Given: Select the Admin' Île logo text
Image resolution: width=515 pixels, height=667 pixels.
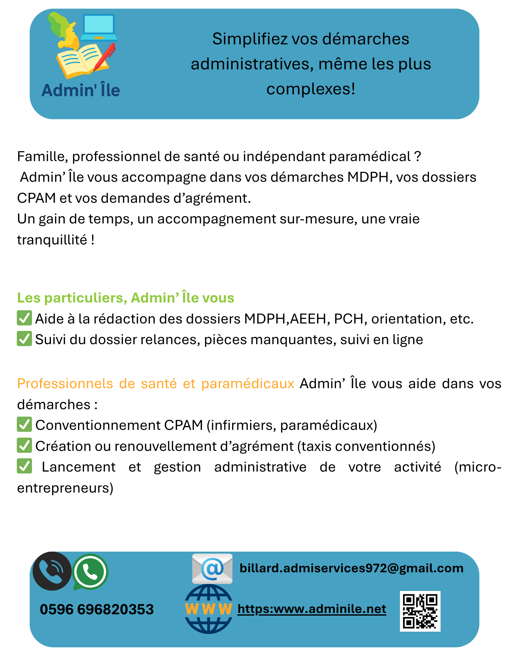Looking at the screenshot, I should click(81, 90).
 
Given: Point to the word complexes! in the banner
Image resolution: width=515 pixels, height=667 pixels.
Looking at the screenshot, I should click(311, 89).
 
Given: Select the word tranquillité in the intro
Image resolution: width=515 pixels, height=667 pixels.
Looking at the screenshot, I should click(52, 240).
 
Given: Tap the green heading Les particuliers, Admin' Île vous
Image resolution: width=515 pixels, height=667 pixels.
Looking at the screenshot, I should click(126, 298).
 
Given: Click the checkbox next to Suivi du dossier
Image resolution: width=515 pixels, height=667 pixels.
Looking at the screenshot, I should click(24, 339).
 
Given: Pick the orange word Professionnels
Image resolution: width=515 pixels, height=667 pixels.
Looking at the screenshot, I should click(64, 384).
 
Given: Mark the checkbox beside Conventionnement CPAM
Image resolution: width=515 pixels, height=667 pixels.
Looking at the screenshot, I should click(24, 425).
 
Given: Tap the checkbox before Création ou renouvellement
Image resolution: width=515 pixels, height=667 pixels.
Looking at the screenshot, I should click(24, 446).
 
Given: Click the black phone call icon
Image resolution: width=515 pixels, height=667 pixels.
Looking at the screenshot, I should click(52, 571).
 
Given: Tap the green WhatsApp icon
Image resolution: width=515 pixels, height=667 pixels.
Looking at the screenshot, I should click(90, 572).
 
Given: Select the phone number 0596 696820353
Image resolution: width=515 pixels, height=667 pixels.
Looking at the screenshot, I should click(97, 609).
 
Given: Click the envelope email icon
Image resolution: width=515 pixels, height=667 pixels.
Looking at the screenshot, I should click(212, 569).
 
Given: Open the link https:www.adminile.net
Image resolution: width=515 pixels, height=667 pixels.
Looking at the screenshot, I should click(312, 609).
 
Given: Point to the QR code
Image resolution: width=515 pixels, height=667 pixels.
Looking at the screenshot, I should click(420, 611).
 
